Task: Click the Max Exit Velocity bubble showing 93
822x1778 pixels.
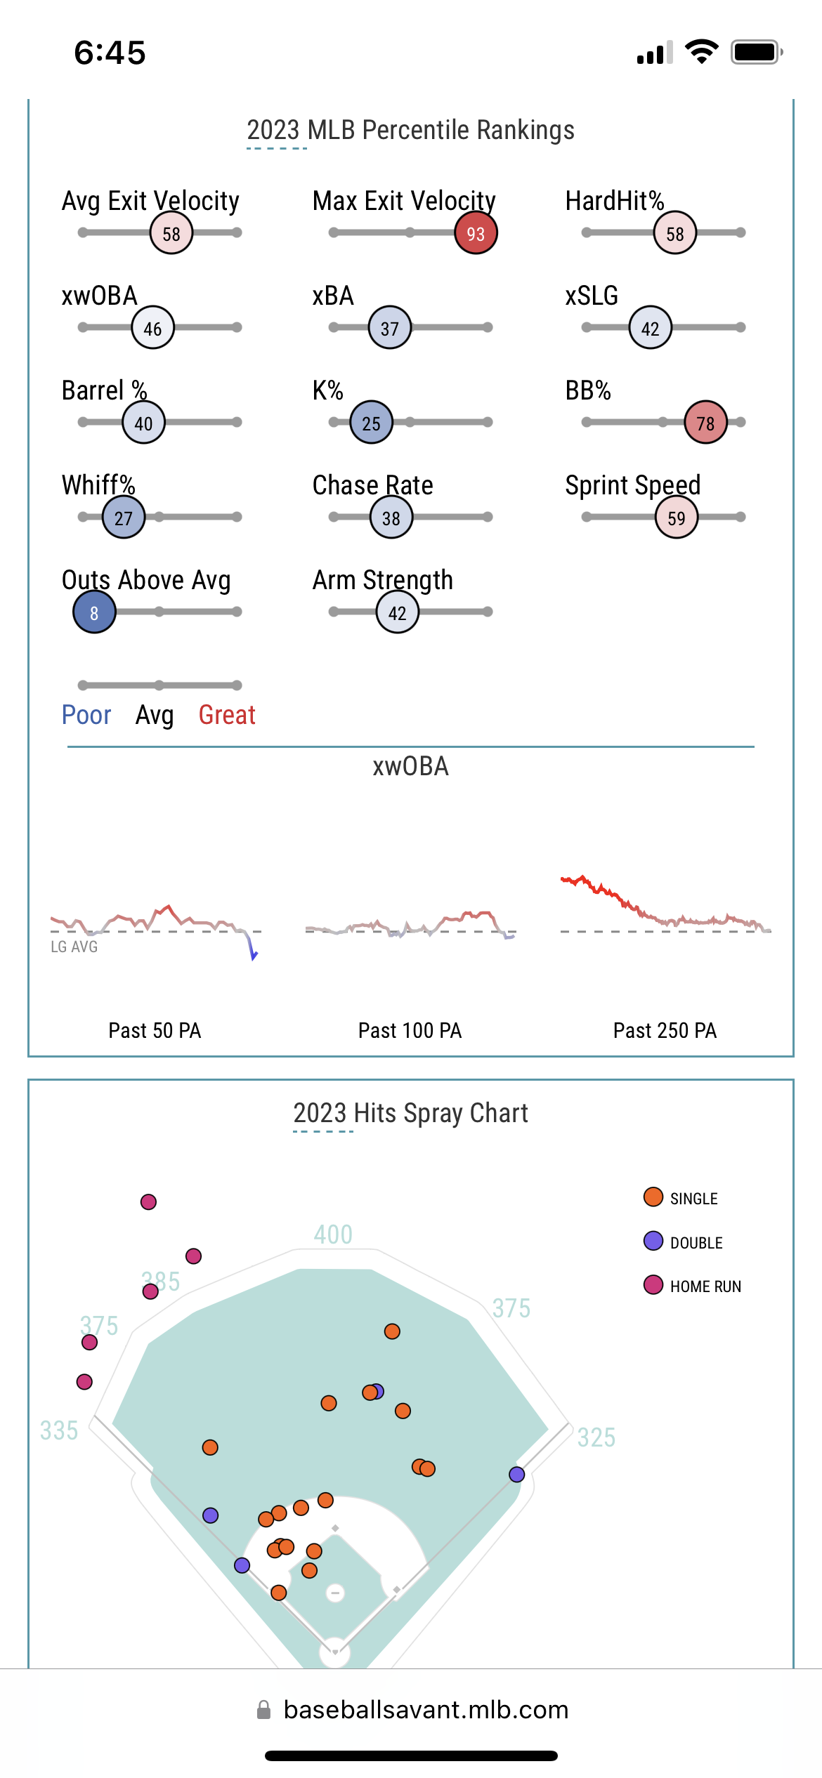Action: click(x=476, y=233)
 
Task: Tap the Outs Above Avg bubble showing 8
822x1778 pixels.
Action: click(x=94, y=612)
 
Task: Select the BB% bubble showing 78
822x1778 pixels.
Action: click(x=705, y=423)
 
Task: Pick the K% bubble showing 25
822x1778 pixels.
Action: click(x=371, y=423)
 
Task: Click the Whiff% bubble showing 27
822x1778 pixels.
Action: click(x=124, y=518)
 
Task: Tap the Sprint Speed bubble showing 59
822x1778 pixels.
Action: click(x=676, y=518)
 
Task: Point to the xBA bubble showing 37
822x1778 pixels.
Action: click(x=390, y=328)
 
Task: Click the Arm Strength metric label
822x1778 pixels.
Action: click(x=382, y=580)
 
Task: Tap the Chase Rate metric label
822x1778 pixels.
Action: click(x=372, y=485)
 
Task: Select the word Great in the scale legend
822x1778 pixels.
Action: click(x=227, y=715)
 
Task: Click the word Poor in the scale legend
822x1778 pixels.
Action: click(x=86, y=715)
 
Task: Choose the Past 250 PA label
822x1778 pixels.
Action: click(x=665, y=1030)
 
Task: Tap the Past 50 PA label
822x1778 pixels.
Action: click(x=155, y=1030)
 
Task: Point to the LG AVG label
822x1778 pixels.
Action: click(x=74, y=947)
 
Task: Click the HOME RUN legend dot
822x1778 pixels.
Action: click(x=653, y=1284)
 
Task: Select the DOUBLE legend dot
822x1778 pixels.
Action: click(x=653, y=1241)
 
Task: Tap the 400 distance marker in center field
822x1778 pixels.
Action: click(x=333, y=1234)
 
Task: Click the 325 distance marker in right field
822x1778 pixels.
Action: click(x=596, y=1437)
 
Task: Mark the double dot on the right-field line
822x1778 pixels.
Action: click(x=517, y=1475)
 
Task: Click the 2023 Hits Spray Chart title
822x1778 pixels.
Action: click(x=410, y=1113)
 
